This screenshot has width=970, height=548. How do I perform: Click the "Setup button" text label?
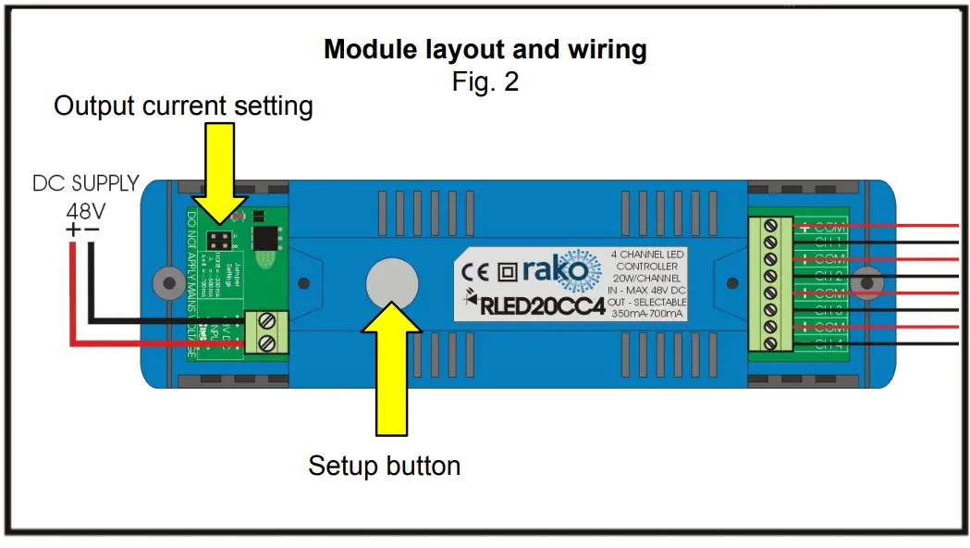coord(384,465)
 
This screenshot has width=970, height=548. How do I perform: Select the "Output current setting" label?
coord(183,106)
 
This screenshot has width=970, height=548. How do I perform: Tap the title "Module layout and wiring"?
coord(485,49)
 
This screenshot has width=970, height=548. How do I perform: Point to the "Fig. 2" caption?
coord(485,81)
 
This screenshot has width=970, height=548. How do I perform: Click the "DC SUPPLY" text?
coord(86,183)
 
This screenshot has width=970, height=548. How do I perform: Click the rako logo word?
coord(555,270)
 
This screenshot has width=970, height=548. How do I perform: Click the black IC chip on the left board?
coord(267,238)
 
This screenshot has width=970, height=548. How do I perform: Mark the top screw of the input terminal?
coord(267,322)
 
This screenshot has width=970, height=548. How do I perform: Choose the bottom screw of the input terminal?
coord(267,343)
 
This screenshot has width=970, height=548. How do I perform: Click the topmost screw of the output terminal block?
coord(769,227)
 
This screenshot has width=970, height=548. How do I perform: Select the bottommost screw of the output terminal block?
coord(769,344)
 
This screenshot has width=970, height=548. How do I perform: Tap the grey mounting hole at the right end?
coord(867,280)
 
